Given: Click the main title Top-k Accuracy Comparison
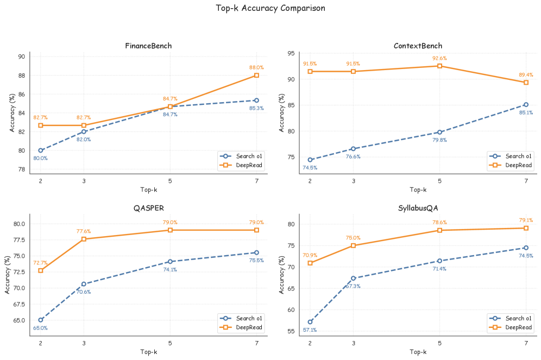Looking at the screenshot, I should pyautogui.click(x=270, y=8).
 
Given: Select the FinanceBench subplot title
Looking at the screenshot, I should pyautogui.click(x=148, y=46).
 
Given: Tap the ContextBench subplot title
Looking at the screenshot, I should pyautogui.click(x=418, y=46).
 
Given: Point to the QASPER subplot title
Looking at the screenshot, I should pyautogui.click(x=148, y=208).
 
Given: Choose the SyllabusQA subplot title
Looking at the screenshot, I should pyautogui.click(x=418, y=208).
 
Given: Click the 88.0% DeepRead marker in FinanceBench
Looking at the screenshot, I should pyautogui.click(x=256, y=75).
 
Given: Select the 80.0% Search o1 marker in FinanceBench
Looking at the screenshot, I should pyautogui.click(x=41, y=150).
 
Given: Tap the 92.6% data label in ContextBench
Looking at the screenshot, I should pyautogui.click(x=439, y=58).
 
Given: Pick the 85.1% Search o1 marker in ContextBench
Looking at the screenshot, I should pyautogui.click(x=526, y=104).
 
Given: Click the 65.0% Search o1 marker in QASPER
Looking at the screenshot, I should pyautogui.click(x=41, y=320).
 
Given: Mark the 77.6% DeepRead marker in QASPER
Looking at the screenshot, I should pyautogui.click(x=84, y=239).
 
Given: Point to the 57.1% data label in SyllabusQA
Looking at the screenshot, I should pyautogui.click(x=310, y=330).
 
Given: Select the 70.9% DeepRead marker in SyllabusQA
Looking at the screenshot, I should pyautogui.click(x=310, y=263).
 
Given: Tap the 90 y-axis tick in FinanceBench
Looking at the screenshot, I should pyautogui.click(x=22, y=56).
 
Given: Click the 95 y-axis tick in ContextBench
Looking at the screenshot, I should pyautogui.click(x=291, y=53).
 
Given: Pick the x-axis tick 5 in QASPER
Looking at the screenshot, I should pyautogui.click(x=170, y=343).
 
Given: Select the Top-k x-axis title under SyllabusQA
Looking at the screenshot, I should pyautogui.click(x=418, y=352).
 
